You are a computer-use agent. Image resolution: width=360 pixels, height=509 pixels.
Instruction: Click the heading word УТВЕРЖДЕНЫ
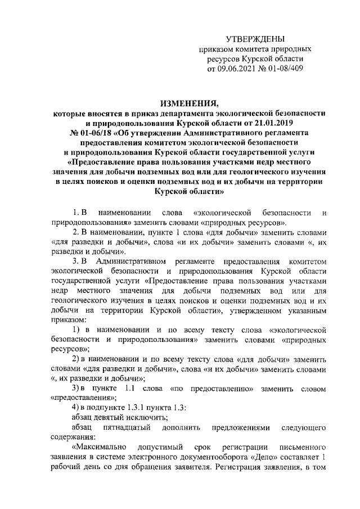pos(255,39)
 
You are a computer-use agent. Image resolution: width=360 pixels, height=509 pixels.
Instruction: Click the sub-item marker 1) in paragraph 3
pos(78,328)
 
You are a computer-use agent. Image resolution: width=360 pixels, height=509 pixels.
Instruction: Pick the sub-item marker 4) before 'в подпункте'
pos(78,407)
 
